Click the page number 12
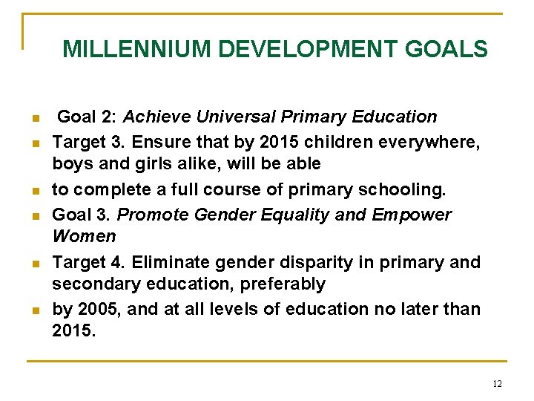click(x=497, y=384)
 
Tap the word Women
click(x=84, y=236)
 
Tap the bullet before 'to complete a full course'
click(x=34, y=192)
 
